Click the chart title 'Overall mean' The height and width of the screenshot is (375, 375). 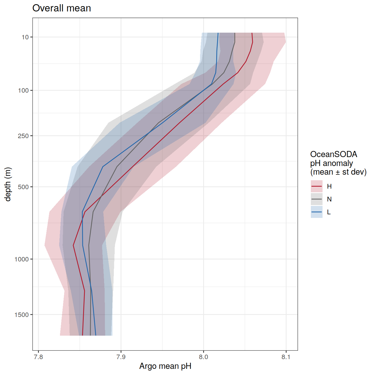click(62, 8)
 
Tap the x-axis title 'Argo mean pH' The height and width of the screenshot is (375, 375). click(165, 366)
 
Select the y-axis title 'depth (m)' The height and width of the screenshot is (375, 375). click(8, 184)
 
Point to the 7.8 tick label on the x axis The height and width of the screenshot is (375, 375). click(39, 357)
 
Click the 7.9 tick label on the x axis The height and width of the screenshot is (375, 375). click(121, 357)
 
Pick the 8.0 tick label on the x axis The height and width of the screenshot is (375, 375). click(203, 357)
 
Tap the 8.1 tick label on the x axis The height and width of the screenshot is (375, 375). click(286, 357)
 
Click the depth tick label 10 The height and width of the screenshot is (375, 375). click(25, 37)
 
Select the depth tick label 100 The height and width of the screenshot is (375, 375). click(24, 90)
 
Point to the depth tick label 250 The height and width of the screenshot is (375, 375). click(24, 136)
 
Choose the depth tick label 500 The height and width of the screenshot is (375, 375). click(24, 187)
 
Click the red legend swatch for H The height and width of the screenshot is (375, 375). click(317, 186)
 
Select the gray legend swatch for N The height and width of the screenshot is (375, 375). click(317, 199)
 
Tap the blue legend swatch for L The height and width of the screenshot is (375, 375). click(317, 212)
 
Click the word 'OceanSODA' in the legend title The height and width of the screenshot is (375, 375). click(334, 154)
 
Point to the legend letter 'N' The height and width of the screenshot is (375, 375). click(329, 199)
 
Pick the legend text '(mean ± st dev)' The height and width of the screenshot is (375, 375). click(338, 172)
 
